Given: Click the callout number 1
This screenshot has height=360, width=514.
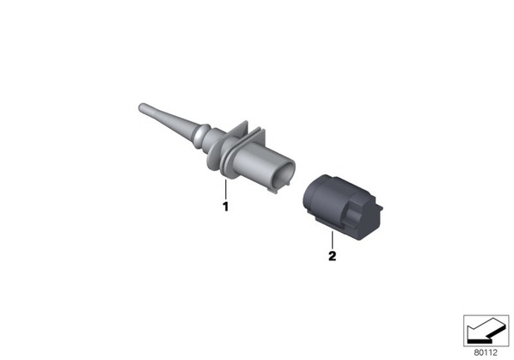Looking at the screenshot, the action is coord(225,206).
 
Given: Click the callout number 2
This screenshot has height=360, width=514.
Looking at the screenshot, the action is coord(332,256).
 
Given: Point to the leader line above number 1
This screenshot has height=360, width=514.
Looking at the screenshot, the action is coord(225,189).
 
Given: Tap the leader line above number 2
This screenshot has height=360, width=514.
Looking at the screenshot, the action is coord(332,240).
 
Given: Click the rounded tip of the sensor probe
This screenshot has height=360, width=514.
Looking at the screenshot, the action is coord(142,107).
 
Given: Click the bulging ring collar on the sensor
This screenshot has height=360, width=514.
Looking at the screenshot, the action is coord(201,135).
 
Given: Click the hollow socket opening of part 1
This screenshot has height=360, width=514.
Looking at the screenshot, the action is coord(285,174).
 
